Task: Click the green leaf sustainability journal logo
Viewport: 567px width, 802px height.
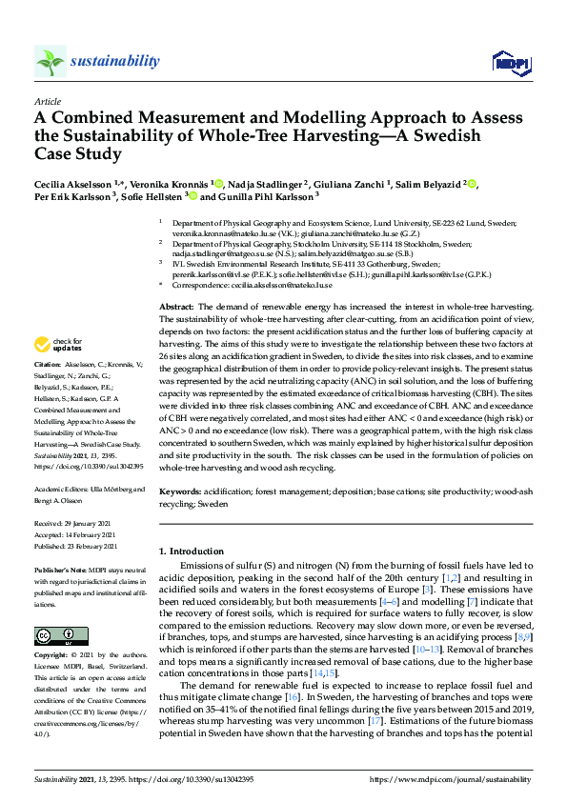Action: pos(50,61)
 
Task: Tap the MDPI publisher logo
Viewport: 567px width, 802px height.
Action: pos(509,63)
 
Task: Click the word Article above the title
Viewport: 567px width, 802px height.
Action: pos(48,101)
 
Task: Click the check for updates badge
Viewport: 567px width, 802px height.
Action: pos(55,344)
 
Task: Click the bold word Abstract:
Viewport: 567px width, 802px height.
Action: pos(176,306)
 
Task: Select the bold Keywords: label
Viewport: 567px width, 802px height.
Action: pos(180,492)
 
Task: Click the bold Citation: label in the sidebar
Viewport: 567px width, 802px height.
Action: pos(48,364)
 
